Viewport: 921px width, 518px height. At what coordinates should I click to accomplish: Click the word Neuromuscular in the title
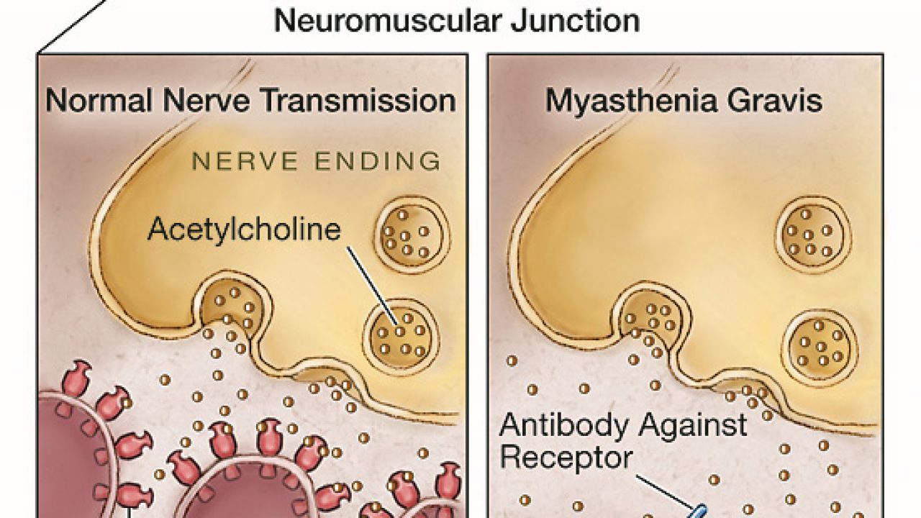tap(386, 21)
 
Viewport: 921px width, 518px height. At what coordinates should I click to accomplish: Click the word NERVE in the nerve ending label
tap(233, 160)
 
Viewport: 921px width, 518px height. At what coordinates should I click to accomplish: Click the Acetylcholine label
tap(243, 229)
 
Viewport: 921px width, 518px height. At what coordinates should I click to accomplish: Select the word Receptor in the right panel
tap(566, 458)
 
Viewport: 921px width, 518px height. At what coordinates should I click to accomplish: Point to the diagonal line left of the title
tap(72, 26)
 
